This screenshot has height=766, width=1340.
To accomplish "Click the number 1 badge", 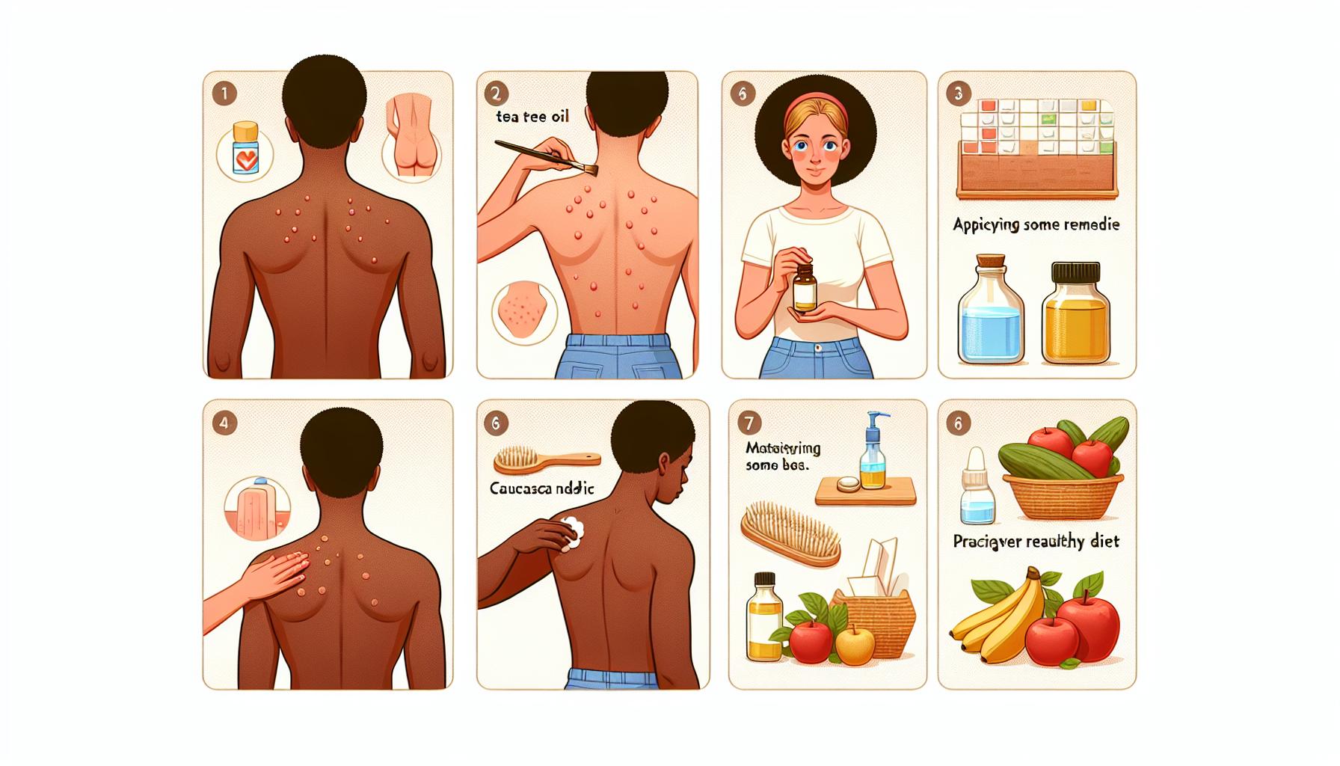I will pyautogui.click(x=224, y=94).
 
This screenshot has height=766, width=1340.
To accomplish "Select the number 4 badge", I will pyautogui.click(x=224, y=423).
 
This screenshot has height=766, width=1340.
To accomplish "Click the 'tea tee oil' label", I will pyautogui.click(x=532, y=117).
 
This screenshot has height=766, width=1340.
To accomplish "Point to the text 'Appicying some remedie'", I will pyautogui.click(x=1036, y=224).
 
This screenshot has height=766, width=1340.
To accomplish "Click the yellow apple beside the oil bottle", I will pyautogui.click(x=852, y=646).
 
